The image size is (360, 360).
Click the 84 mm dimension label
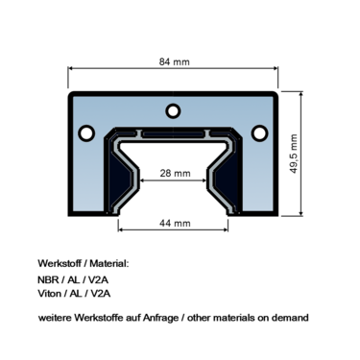[x=173, y=62]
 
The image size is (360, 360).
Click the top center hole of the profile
[x=173, y=108]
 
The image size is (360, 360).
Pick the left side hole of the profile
[x=85, y=132]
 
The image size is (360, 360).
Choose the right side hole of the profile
[x=258, y=132]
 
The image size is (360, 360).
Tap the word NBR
[x=50, y=280]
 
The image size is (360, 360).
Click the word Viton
[x=51, y=297]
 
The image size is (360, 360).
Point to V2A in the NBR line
[x=101, y=280]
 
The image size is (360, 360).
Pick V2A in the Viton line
[x=103, y=297]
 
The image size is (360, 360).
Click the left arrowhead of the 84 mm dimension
[x=71, y=74]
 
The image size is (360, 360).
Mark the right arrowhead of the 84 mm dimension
[x=276, y=74]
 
